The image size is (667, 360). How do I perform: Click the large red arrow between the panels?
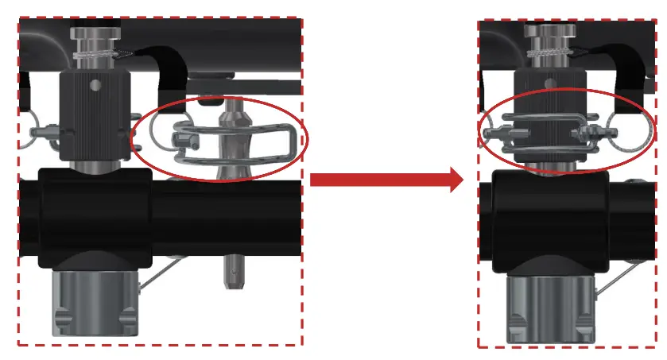tap(386, 179)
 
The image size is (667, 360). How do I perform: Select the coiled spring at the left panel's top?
tap(92, 56)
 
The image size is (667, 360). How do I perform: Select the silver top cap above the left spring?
tap(92, 36)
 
